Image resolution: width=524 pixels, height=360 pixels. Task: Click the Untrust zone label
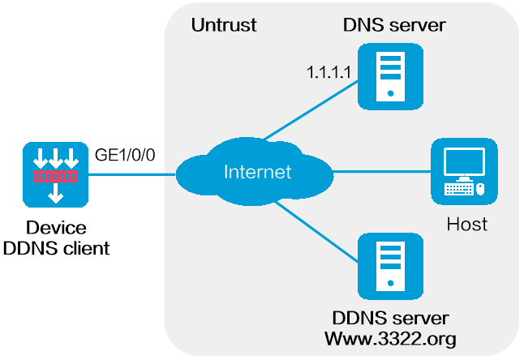click(x=224, y=25)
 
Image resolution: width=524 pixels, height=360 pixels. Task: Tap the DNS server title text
click(x=394, y=25)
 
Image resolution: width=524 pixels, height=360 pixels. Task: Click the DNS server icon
click(x=391, y=77)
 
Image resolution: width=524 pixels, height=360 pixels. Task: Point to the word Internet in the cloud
click(x=257, y=172)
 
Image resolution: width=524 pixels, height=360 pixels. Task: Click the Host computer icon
click(x=463, y=171)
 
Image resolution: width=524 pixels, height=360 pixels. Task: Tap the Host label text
click(x=467, y=224)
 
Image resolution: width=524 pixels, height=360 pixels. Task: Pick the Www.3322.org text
click(x=390, y=337)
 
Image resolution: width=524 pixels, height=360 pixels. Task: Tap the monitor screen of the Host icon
click(x=463, y=161)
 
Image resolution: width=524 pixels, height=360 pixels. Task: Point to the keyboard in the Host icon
click(x=457, y=190)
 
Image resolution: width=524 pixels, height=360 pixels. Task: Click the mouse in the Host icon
click(x=479, y=190)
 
